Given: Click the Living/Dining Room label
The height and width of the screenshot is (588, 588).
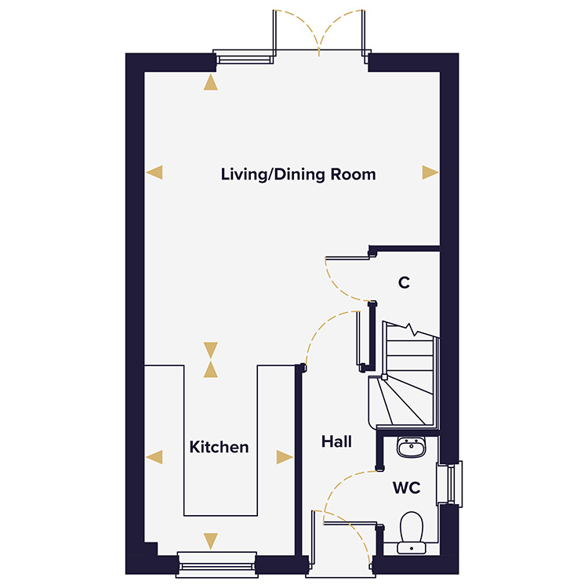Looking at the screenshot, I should tap(298, 174).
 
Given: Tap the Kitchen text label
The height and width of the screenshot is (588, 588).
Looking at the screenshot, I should tap(219, 447).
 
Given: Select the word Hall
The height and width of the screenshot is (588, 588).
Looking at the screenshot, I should tap(336, 442).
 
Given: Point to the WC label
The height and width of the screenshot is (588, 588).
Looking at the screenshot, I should tap(406, 488).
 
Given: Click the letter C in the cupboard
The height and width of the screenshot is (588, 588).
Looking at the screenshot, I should tap(404, 283).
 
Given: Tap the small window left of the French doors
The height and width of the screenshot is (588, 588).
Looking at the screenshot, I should tap(245, 56).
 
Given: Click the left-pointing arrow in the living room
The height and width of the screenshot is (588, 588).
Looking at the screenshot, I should tap(155, 172).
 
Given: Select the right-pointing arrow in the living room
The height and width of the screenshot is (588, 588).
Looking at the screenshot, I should tap(430, 172).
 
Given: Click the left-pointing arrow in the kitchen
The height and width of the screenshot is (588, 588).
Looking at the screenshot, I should tap(155, 457).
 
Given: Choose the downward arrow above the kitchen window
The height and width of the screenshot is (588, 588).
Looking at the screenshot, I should tap(210, 540).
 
